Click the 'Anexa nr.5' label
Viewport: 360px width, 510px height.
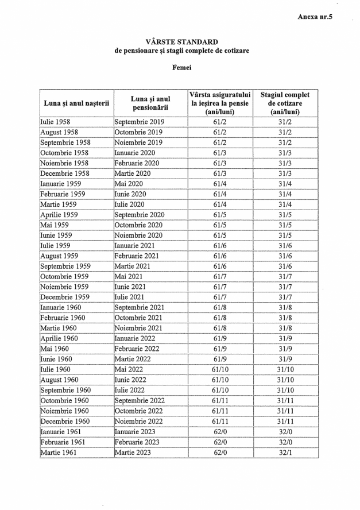[315, 17]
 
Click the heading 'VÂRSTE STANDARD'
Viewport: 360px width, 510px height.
[181, 42]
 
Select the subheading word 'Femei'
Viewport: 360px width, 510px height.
[181, 68]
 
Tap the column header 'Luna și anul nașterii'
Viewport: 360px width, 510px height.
[76, 103]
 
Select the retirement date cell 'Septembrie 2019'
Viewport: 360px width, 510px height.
[140, 122]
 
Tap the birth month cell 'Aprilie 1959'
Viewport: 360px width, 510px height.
[59, 215]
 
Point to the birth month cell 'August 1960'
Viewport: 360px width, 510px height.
[59, 380]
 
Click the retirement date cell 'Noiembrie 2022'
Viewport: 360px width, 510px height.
[139, 421]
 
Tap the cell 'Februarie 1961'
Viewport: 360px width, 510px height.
[63, 442]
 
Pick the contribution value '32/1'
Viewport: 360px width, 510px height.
[285, 453]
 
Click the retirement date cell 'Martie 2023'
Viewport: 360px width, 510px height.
[131, 453]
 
